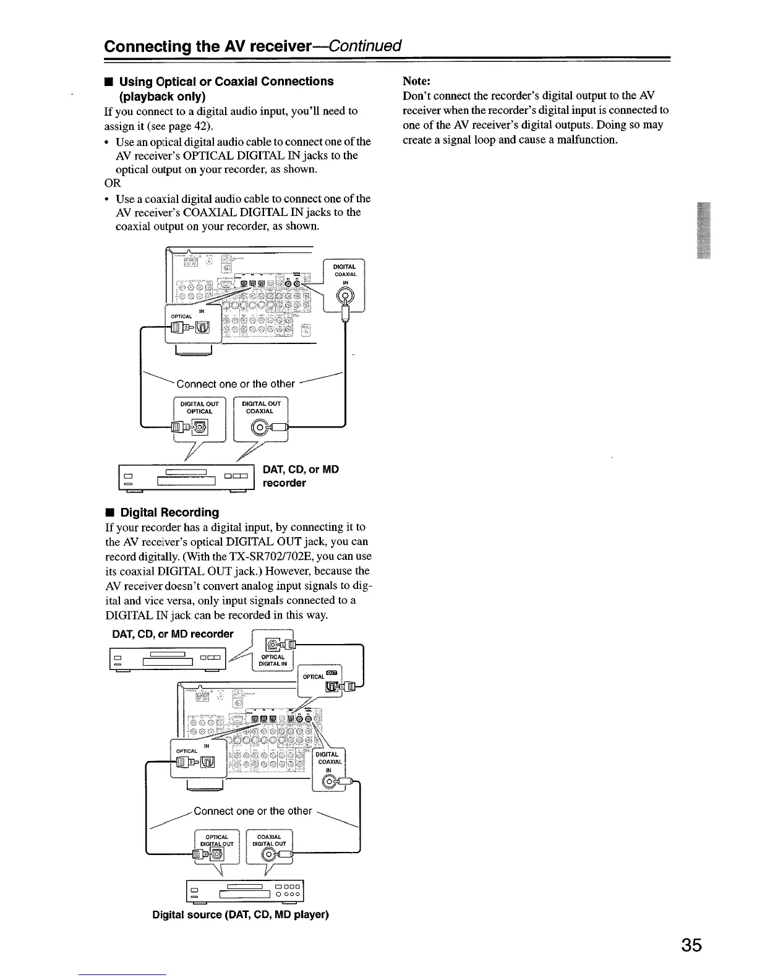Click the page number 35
691,946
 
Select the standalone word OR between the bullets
113,184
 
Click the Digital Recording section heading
169,512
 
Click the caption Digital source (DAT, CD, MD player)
241,914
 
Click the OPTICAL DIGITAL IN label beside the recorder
273,660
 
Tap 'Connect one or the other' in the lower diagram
253,811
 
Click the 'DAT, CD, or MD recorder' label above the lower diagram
173,634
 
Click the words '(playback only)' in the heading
162,97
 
